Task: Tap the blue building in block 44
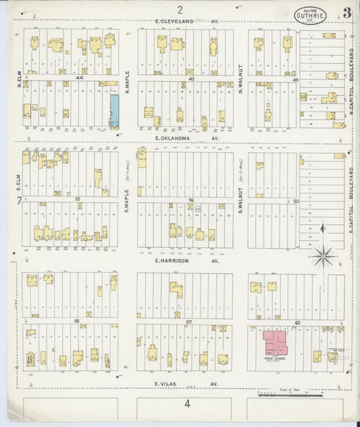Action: point(114,110)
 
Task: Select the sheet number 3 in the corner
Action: point(346,11)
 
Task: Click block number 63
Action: point(297,323)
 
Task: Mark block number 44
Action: point(79,79)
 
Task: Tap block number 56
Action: point(191,200)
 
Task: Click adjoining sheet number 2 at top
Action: point(180,9)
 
